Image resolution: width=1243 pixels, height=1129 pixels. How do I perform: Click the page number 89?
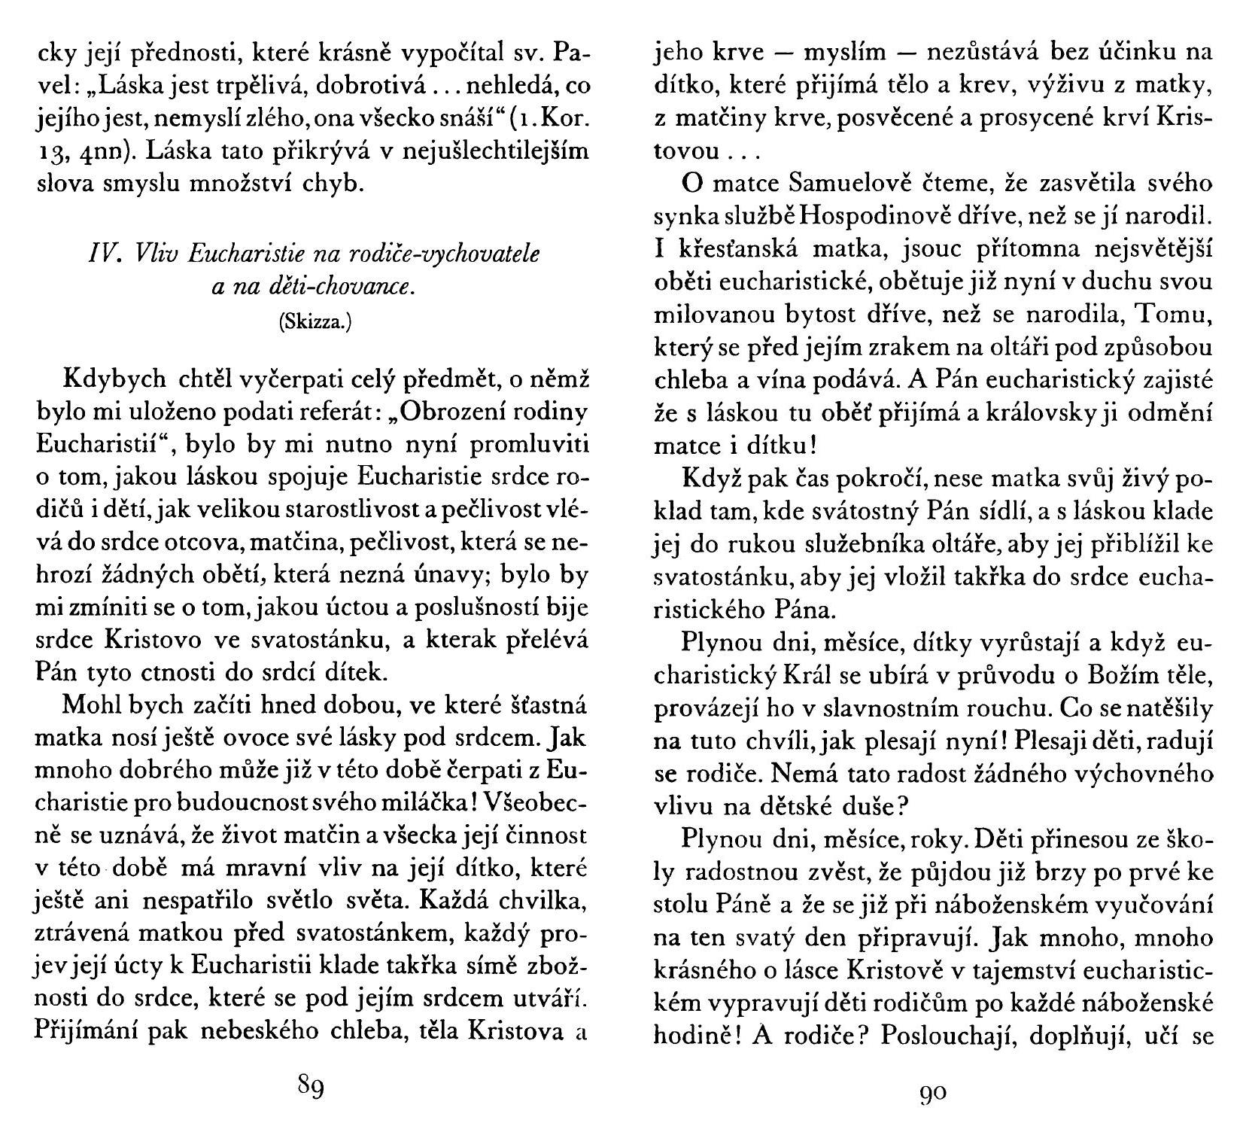point(311,1088)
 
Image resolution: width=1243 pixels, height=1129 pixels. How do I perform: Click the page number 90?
point(933,1091)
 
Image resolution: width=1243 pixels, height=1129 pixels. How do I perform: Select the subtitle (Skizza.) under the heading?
point(315,322)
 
